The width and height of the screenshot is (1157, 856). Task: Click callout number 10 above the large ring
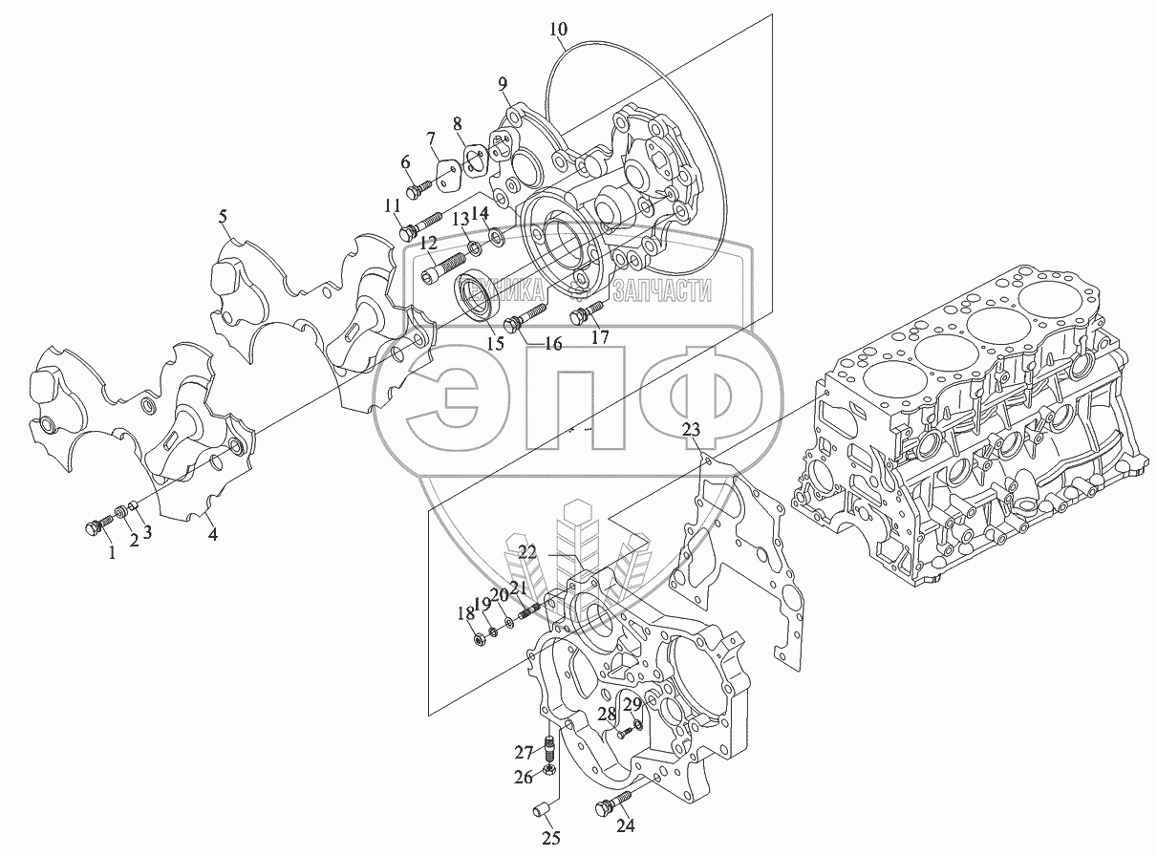558,29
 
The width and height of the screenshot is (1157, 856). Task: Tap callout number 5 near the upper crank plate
223,216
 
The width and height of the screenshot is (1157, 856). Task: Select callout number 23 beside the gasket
691,429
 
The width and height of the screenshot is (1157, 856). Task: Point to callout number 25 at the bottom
551,838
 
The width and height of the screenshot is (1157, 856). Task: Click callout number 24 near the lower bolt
626,825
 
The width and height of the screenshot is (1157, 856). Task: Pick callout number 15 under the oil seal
495,343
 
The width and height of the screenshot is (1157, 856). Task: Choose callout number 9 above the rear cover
503,83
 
